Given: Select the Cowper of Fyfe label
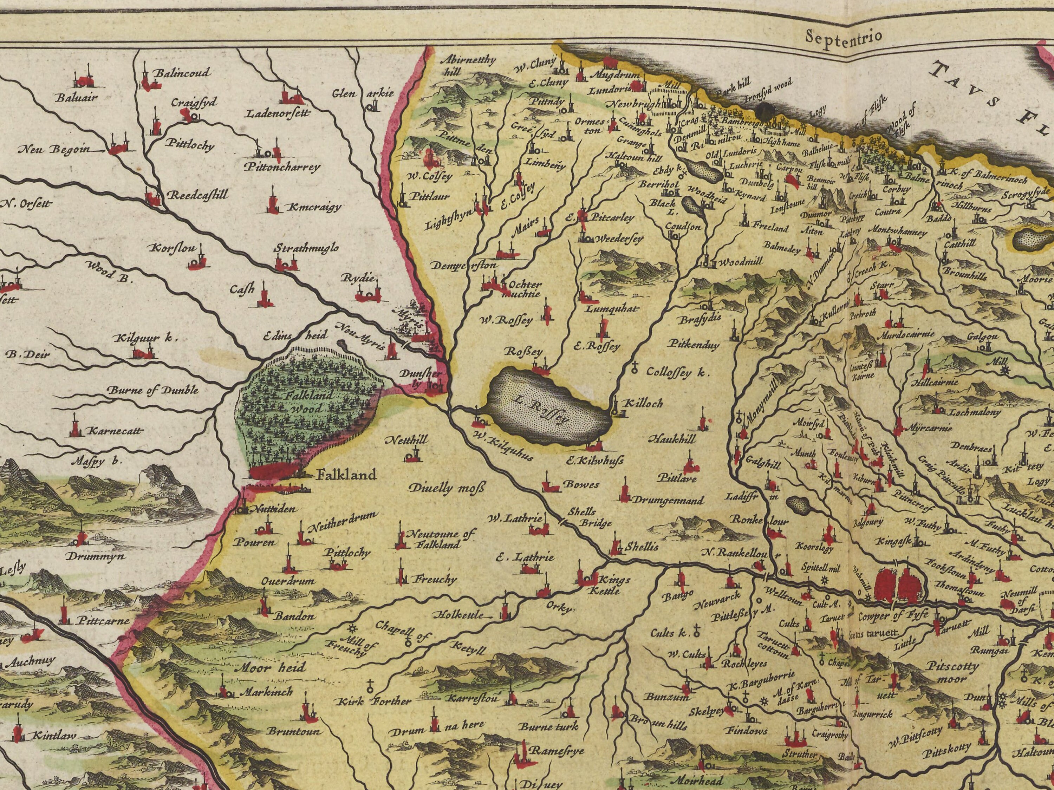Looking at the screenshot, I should point(893,616).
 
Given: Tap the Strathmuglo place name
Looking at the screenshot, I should point(306,248).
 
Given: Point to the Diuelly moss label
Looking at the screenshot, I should point(447,488).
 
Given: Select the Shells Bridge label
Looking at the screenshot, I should point(588,517).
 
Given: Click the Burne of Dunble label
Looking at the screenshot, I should point(152,390).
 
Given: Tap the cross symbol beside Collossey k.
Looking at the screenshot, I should point(635,367).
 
